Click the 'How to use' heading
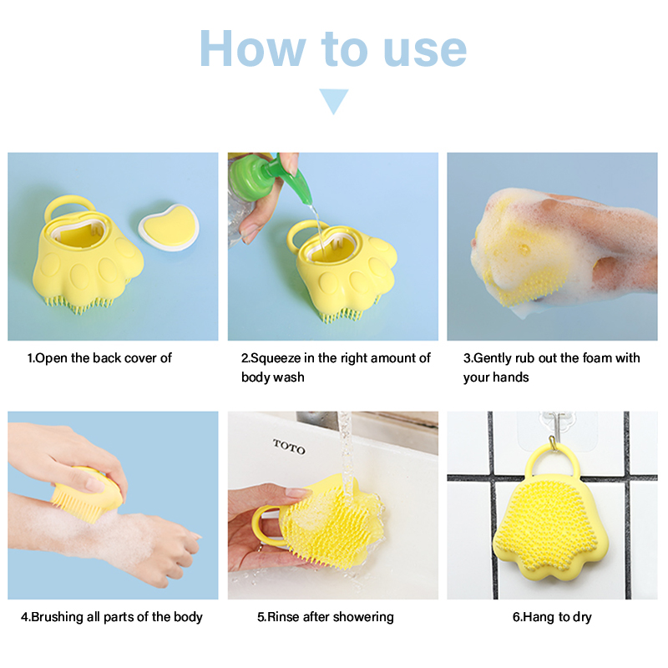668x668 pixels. tap(333, 49)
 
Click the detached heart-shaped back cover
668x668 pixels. tap(170, 226)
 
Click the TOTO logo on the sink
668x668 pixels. tap(289, 447)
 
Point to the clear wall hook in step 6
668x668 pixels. tap(552, 431)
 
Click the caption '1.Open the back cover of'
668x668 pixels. tap(99, 358)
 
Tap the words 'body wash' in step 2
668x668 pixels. tap(273, 377)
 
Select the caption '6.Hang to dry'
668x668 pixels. tap(552, 617)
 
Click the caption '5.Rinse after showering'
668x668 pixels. tap(326, 617)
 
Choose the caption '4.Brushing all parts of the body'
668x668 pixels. tap(112, 617)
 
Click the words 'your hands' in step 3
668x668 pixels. tap(496, 377)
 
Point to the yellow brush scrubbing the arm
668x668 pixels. tap(88, 494)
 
